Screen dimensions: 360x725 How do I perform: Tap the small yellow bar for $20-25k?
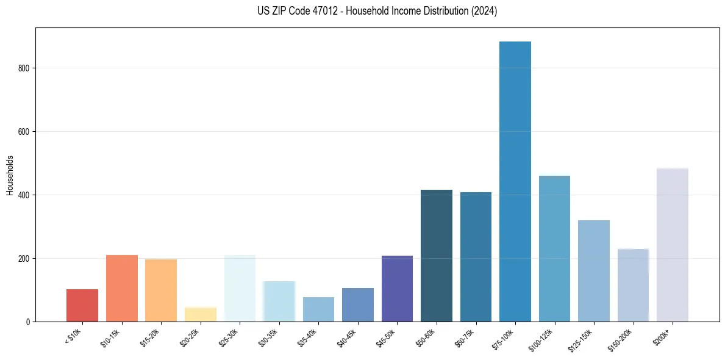[x=201, y=314]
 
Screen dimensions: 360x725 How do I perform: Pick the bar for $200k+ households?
[x=672, y=245]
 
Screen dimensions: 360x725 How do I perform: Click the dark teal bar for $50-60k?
[x=437, y=256]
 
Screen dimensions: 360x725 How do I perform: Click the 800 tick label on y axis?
[x=23, y=68]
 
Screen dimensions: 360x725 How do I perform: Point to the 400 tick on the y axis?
[x=23, y=195]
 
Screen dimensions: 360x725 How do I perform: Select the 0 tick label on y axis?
[x=27, y=322]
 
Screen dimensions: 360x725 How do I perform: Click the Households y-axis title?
[x=10, y=175]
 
